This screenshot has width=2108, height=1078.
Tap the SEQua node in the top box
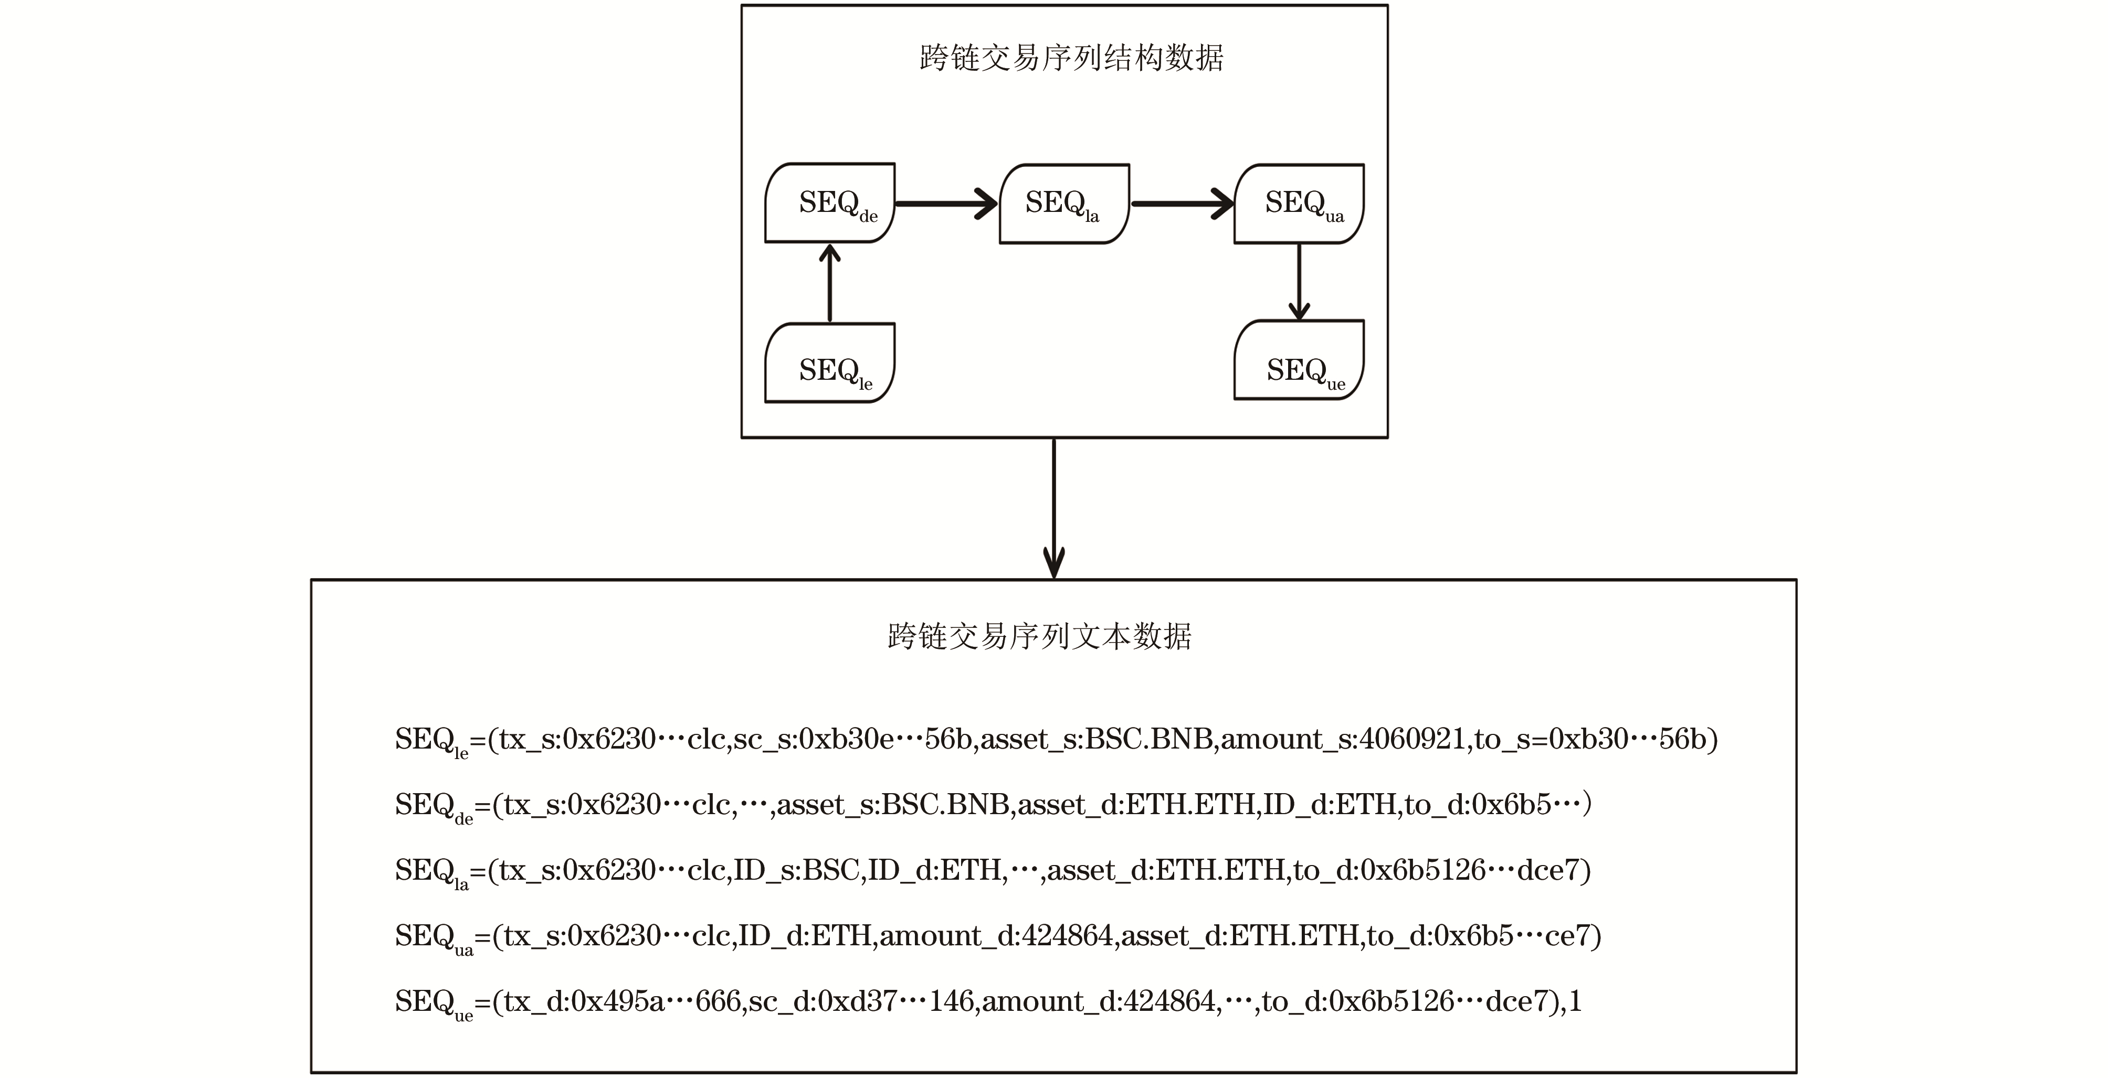[x=1299, y=204]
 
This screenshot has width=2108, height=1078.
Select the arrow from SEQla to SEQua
[x=1182, y=204]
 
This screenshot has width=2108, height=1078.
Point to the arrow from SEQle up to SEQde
[x=830, y=283]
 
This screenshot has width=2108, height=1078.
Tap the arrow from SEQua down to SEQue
[x=1299, y=281]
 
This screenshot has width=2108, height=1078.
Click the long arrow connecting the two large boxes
[x=1054, y=508]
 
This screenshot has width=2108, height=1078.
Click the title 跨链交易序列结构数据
[x=1071, y=59]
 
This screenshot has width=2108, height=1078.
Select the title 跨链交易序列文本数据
[x=1039, y=636]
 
